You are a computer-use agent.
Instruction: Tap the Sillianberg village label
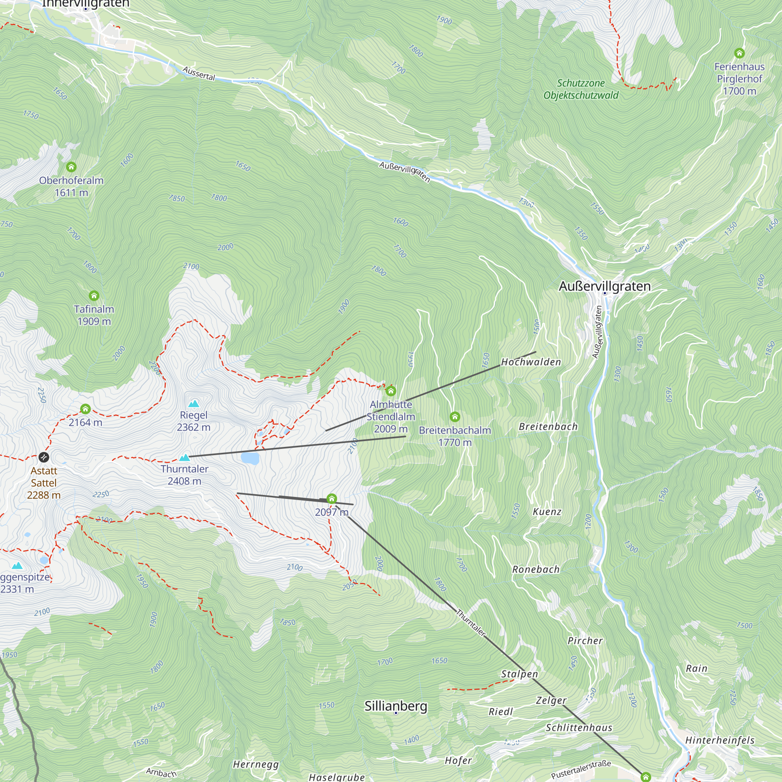pos(395,705)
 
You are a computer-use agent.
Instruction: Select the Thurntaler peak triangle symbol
pos(185,457)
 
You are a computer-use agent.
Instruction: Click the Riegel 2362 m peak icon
pos(194,403)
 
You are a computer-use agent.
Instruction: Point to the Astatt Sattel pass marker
pos(44,457)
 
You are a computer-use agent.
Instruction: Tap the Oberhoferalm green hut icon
pos(71,167)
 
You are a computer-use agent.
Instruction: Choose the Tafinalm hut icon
pos(94,296)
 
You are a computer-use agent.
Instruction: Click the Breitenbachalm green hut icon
pos(455,416)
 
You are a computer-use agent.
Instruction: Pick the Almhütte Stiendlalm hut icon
pos(391,391)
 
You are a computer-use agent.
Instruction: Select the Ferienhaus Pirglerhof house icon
pos(739,53)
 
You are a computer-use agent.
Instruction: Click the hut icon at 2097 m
pos(332,499)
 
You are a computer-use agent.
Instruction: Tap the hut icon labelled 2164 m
pos(85,409)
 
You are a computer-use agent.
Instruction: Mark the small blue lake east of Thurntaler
pos(250,458)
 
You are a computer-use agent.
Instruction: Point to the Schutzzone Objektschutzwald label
pos(581,89)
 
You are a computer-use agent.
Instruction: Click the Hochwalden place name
pos(531,362)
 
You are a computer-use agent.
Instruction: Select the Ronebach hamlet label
pos(536,569)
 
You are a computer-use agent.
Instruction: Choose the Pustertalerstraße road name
pos(581,769)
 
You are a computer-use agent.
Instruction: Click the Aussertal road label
pos(199,73)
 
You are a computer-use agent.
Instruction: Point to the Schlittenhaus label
pos(579,727)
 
